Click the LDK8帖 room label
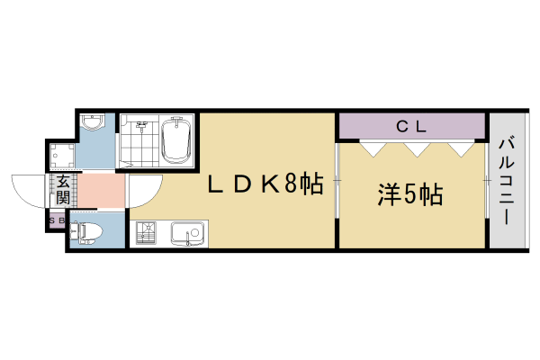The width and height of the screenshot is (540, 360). tap(265, 184)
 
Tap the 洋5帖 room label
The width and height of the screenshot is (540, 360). tap(409, 193)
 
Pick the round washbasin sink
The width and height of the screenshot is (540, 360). tap(93, 123)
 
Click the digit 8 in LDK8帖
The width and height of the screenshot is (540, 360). tap(291, 184)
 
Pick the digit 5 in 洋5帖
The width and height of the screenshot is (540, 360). tap(410, 193)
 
